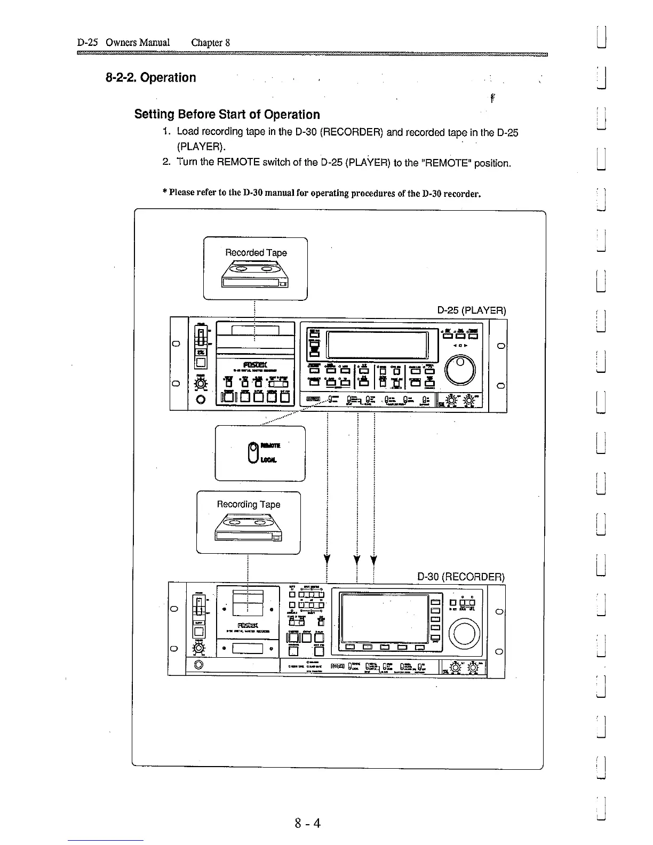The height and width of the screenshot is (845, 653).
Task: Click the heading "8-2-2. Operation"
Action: (x=150, y=78)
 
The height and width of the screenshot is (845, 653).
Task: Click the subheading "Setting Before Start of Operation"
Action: (x=227, y=115)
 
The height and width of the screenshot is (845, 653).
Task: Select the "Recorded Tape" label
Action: (x=256, y=253)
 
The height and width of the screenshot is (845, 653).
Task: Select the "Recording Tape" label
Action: (x=248, y=504)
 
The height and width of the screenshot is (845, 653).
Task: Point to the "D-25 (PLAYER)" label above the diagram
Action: (x=471, y=310)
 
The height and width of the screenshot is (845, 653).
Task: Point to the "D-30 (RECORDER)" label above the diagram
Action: (x=460, y=577)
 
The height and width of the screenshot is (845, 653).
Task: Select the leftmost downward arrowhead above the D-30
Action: (x=326, y=560)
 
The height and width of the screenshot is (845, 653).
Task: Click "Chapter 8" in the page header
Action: (x=210, y=43)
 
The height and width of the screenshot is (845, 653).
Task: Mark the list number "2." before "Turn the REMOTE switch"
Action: (x=166, y=162)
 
